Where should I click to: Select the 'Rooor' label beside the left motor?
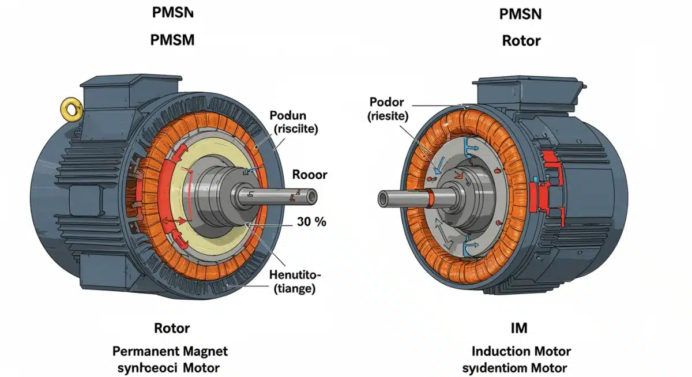pos(310,174)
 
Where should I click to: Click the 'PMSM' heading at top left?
pos(172,40)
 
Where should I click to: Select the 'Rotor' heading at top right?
pos(521,41)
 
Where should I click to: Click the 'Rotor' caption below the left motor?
pos(172,329)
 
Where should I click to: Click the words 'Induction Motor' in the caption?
pos(521,351)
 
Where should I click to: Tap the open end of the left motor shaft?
pos(311,197)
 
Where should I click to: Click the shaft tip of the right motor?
pos(384,199)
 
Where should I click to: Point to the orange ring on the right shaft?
pos(431,199)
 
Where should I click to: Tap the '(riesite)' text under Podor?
pos(388,116)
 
